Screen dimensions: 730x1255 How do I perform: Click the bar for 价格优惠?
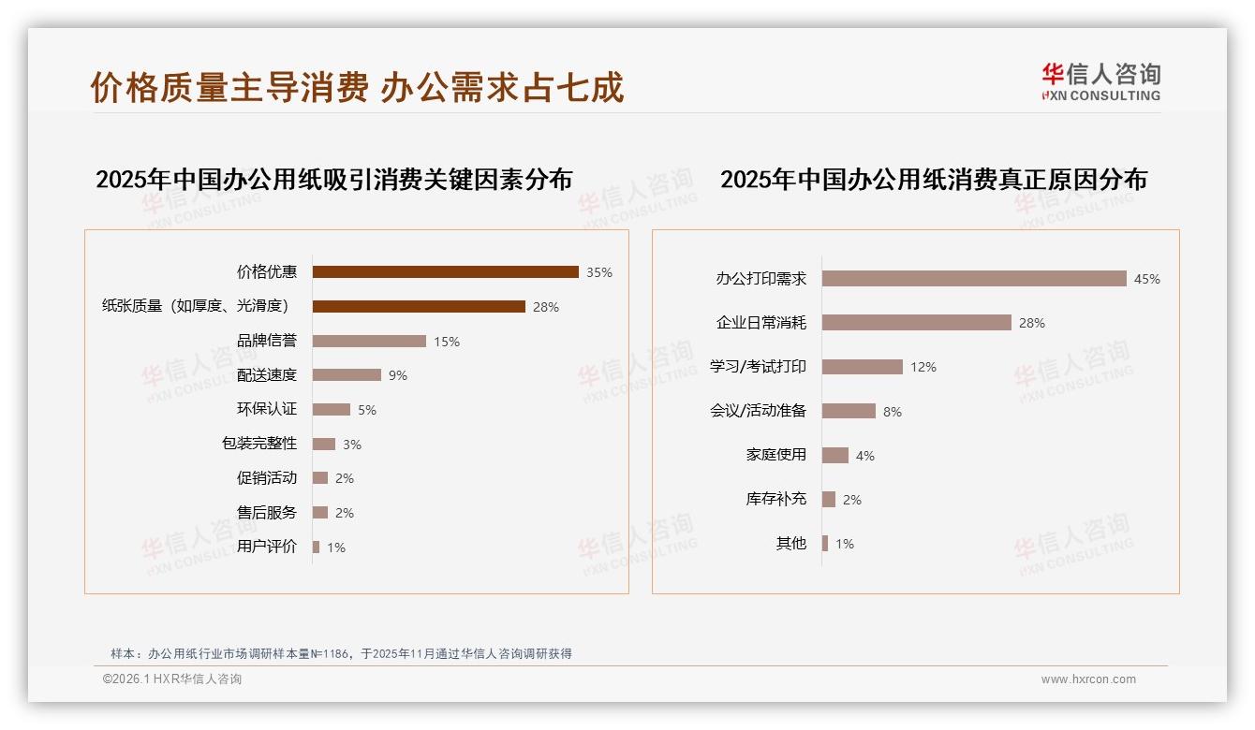coord(445,272)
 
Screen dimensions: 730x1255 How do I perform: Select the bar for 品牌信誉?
coord(369,342)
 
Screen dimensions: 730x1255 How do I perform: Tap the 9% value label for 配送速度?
coord(398,375)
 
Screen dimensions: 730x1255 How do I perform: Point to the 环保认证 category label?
coord(267,409)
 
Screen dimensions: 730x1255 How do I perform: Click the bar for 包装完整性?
coord(324,444)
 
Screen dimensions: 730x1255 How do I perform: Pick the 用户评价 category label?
coord(267,547)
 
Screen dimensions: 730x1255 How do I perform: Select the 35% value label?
coord(599,272)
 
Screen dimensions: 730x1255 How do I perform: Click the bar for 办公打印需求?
coord(974,279)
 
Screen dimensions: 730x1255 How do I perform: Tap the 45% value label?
coord(1147,279)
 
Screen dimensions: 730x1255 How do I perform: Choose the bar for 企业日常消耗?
coord(917,323)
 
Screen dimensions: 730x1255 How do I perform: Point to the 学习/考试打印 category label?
coord(758,367)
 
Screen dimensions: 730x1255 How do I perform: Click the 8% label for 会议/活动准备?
coord(893,412)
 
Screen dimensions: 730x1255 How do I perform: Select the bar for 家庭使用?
coord(835,456)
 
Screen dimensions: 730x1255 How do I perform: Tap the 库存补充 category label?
coord(776,499)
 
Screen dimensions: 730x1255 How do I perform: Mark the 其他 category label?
coord(791,544)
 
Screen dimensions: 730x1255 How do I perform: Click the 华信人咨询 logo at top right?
coord(1100,82)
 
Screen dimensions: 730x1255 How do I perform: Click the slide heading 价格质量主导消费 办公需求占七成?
coord(357,87)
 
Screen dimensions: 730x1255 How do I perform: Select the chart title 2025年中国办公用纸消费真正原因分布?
coord(934,180)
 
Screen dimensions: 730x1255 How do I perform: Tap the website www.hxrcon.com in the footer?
coord(1088,679)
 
